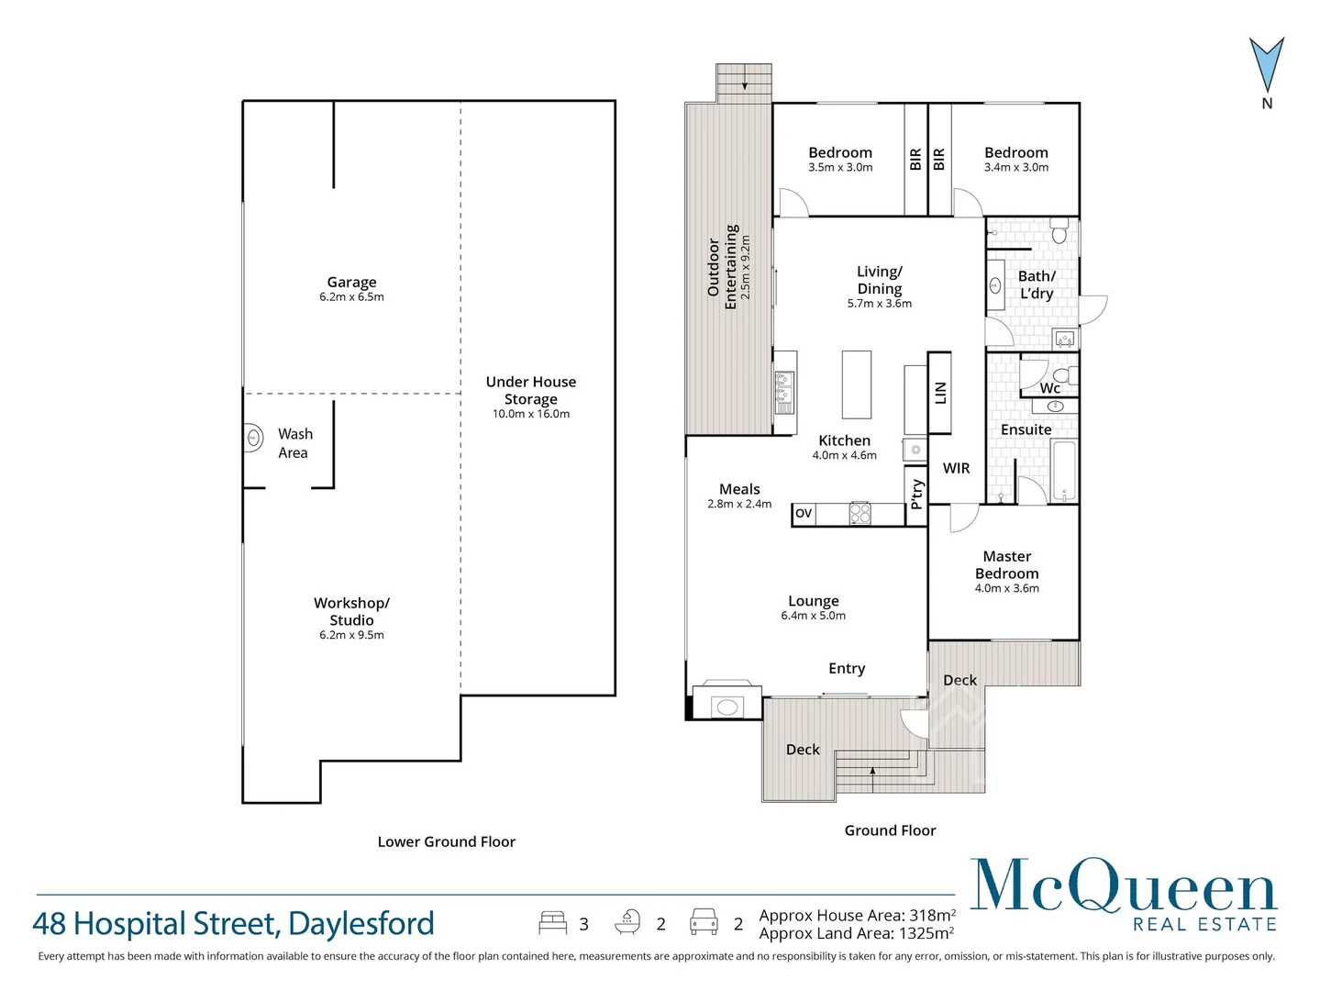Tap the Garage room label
point(351,283)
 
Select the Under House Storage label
point(531,390)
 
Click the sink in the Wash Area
point(254,439)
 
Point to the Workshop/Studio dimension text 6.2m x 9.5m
point(351,635)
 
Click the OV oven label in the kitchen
point(804,513)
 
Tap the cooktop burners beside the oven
point(860,513)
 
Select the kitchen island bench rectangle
point(856,384)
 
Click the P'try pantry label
point(915,495)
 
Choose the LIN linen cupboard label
point(939,393)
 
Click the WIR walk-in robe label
point(956,468)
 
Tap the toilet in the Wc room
point(1063,375)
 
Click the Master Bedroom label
point(1006,564)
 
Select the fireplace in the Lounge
point(727,705)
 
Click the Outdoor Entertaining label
point(722,267)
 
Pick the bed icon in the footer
point(552,922)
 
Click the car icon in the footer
point(704,922)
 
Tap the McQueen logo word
point(1123,886)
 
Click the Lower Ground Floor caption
point(446,841)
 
